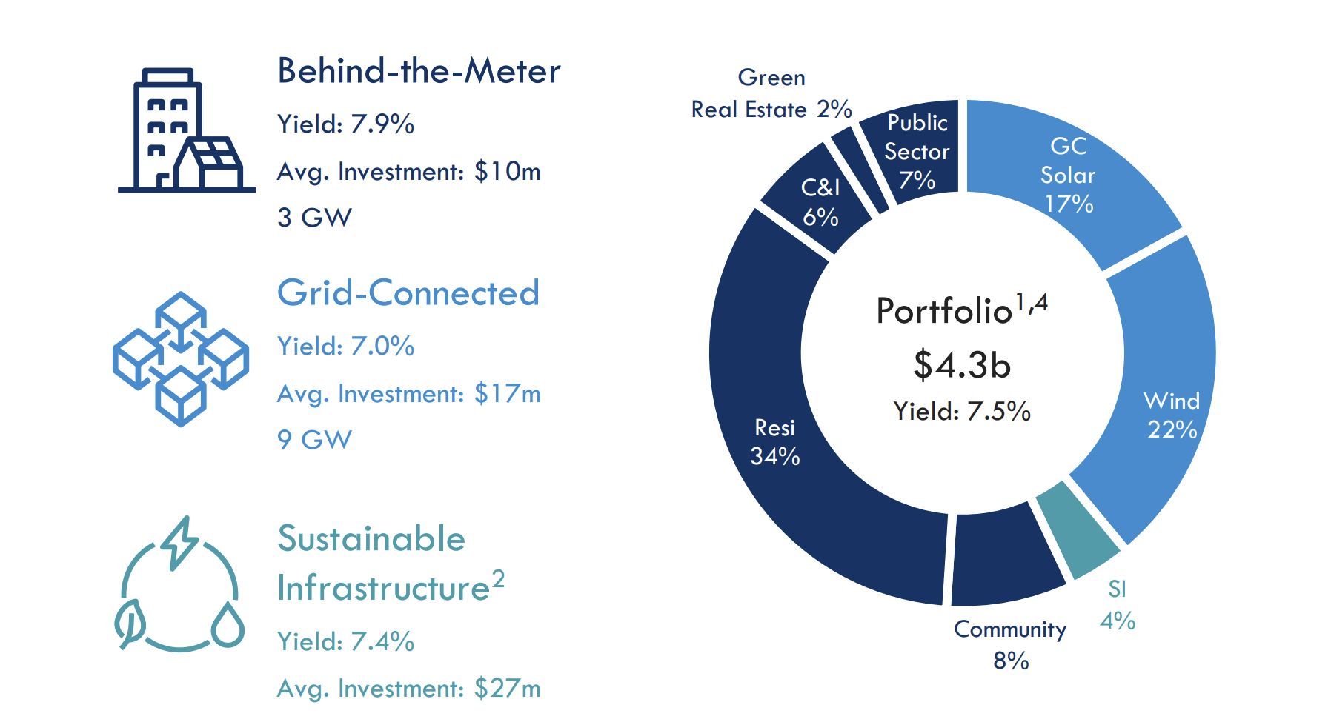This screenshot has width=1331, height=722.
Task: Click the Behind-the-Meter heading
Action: click(x=419, y=72)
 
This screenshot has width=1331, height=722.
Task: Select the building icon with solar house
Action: click(x=185, y=131)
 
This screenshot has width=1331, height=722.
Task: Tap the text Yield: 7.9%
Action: click(x=345, y=124)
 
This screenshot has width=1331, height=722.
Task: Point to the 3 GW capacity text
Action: click(x=314, y=218)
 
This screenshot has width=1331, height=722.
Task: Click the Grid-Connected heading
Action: click(x=408, y=293)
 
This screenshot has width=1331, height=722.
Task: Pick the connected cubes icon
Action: click(x=180, y=359)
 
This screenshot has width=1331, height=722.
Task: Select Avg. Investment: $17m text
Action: click(x=408, y=393)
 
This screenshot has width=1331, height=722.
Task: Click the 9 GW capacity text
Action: click(x=314, y=440)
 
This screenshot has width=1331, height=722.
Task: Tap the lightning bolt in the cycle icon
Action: click(x=180, y=542)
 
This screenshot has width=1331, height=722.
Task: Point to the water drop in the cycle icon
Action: click(x=228, y=626)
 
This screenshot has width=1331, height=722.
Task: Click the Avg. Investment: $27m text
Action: click(x=408, y=688)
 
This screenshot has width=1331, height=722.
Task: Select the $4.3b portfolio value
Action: click(x=962, y=365)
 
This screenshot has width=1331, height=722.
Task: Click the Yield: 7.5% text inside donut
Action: click(x=962, y=411)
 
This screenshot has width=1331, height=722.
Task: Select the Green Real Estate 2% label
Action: click(x=771, y=94)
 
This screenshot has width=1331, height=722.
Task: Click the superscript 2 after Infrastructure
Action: click(x=499, y=578)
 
